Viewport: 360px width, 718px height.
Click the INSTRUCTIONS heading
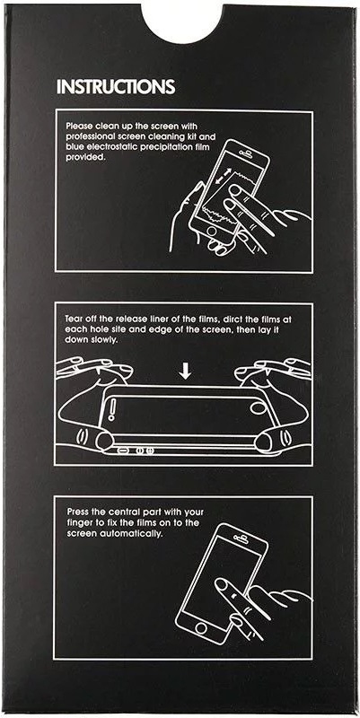[116, 86]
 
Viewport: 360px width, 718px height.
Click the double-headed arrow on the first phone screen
[221, 176]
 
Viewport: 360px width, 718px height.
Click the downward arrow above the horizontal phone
[185, 372]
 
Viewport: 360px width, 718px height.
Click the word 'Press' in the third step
[78, 512]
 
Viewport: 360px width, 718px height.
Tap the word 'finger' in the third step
[79, 523]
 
